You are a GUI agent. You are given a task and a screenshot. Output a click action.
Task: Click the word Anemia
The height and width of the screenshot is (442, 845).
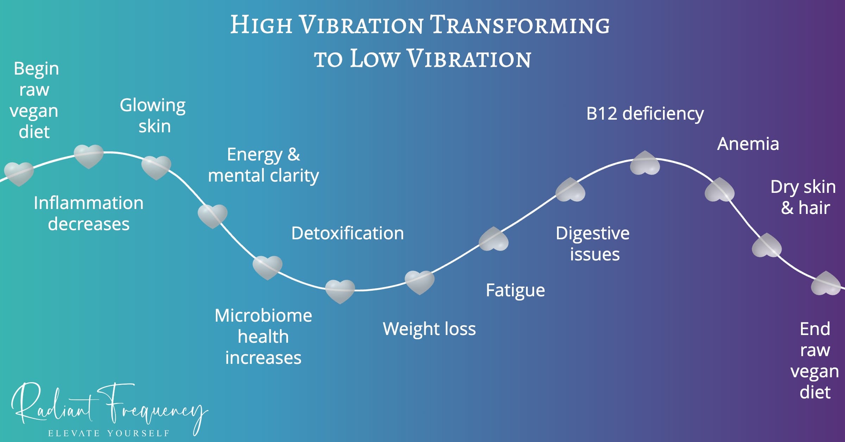coord(748,144)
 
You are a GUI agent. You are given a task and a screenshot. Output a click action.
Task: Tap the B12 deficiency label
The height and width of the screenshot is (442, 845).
coord(645,114)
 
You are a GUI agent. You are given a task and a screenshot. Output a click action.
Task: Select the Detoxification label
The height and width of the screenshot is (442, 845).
coord(348,233)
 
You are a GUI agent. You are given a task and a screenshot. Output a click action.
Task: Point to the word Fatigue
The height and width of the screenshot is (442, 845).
coord(515,291)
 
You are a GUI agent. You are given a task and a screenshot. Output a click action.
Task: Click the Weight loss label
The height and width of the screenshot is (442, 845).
coord(429,329)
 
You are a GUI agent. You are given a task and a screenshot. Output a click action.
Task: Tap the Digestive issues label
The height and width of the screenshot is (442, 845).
coord(593,244)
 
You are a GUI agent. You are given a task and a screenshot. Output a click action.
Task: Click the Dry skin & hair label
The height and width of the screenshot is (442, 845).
coord(803,197)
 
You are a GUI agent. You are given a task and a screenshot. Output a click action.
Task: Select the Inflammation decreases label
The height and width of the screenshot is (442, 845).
coord(89,213)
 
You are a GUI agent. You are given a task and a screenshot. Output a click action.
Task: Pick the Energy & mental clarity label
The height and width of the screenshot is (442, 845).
coord(263,165)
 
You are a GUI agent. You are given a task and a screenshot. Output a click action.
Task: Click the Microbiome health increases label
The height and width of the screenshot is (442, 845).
coord(263,336)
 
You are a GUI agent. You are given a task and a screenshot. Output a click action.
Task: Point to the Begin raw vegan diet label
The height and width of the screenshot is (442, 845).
coord(35,100)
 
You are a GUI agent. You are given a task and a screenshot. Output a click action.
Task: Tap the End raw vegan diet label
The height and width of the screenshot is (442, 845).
coord(815,360)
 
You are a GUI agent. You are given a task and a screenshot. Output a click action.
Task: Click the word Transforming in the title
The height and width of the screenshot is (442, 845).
coord(520,25)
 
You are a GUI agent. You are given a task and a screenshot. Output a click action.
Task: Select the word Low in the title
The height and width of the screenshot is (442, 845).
coord(375,59)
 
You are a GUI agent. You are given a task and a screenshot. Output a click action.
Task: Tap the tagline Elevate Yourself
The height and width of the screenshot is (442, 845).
coord(109,433)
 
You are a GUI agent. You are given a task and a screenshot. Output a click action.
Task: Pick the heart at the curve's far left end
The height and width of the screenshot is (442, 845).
coord(19,173)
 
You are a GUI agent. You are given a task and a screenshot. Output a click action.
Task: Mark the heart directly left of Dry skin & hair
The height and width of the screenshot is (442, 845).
coord(719,190)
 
